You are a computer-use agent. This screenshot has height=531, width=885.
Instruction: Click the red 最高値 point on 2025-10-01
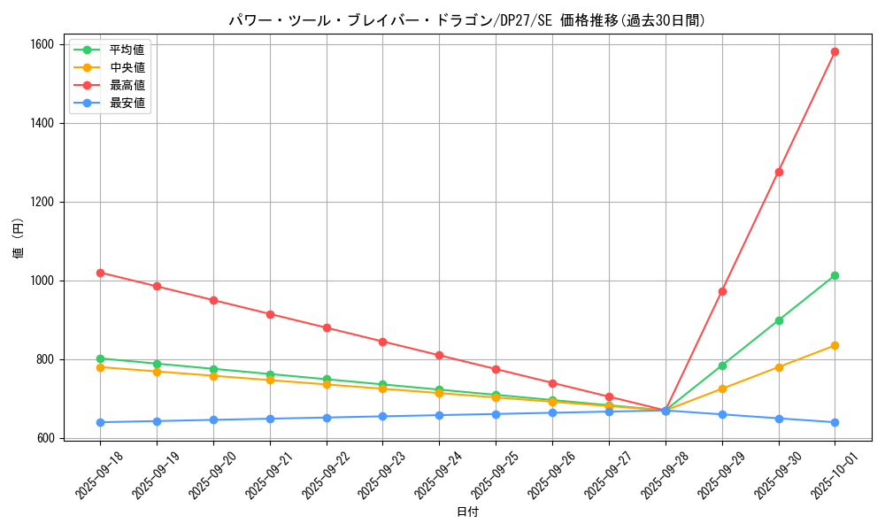point(835,51)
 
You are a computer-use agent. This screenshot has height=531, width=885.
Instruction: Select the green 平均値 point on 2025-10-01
point(835,275)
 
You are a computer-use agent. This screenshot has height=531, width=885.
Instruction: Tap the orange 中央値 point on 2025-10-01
point(835,345)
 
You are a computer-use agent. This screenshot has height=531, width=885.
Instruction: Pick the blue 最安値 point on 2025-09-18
point(100,422)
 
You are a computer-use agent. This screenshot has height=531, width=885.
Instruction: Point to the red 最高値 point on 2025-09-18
point(100,273)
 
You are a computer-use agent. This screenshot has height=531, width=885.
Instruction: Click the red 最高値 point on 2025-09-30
point(779,172)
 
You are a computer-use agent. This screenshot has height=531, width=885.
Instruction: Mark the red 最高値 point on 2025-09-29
point(722,291)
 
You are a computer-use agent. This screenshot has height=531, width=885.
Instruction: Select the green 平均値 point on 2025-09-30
point(779,320)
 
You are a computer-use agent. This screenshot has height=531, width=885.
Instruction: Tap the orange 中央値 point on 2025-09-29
point(722,389)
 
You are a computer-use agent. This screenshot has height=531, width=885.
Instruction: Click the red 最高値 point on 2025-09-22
point(327,327)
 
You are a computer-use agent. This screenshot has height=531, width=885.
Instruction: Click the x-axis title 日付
point(467,512)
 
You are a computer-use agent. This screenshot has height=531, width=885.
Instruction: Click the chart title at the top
point(467,20)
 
